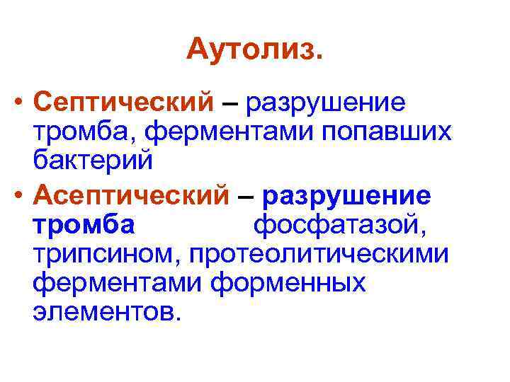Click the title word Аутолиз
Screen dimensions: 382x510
pyautogui.click(x=254, y=50)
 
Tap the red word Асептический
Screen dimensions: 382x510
pyautogui.click(x=131, y=193)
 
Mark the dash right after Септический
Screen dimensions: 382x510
pyautogui.click(x=229, y=104)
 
